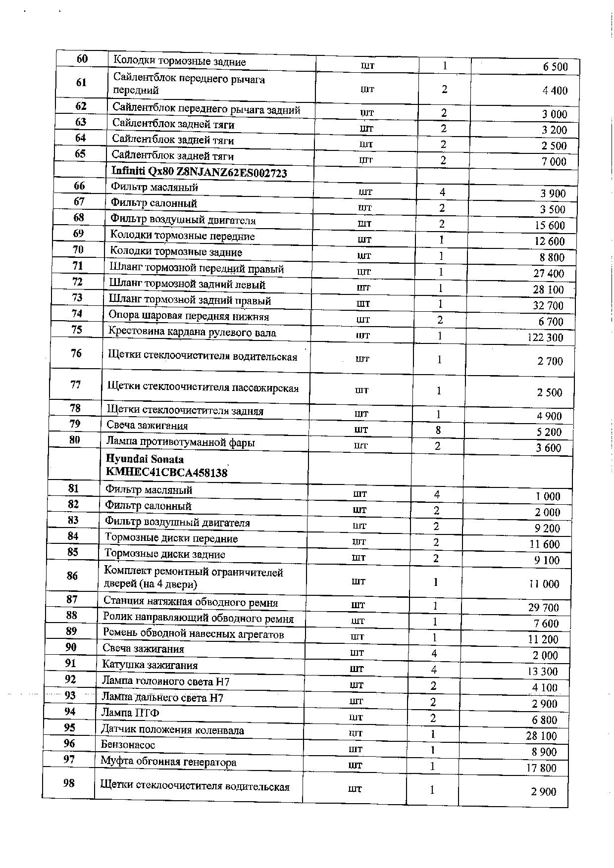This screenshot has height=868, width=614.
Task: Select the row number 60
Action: click(x=82, y=59)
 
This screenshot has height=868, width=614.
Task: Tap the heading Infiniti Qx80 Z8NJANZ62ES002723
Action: click(x=200, y=172)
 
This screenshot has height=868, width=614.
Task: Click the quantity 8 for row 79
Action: click(x=438, y=430)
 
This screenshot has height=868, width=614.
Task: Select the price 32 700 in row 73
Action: click(x=548, y=305)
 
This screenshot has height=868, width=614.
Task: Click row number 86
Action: click(x=72, y=576)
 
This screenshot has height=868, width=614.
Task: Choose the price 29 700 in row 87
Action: click(x=543, y=608)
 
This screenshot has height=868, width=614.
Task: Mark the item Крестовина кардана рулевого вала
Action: click(x=192, y=333)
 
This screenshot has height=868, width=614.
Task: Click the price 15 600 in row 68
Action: click(x=550, y=225)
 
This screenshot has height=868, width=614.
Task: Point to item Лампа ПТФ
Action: click(x=130, y=713)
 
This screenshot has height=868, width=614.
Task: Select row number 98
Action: click(x=69, y=783)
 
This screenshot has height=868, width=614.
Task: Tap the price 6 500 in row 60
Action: click(x=555, y=67)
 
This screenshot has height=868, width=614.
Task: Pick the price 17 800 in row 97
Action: click(x=541, y=768)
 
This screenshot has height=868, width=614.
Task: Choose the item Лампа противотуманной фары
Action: click(x=181, y=442)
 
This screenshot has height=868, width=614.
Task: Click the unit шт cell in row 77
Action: click(x=362, y=390)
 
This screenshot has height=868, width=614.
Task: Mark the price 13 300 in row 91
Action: click(x=543, y=672)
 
